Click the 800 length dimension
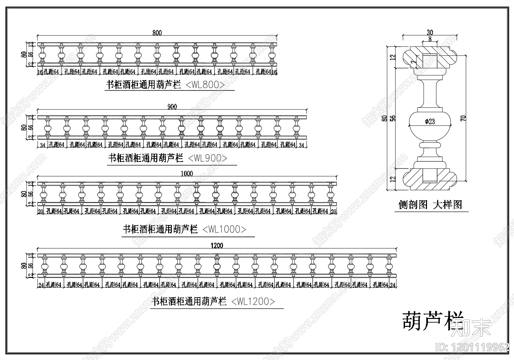coord(157,33)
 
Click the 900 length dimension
coord(172,107)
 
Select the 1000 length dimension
coord(187,173)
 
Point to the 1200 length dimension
coord(217,245)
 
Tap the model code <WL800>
coord(206,85)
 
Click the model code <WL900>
coord(208,158)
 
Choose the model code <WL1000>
coord(224,229)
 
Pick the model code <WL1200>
coord(253,302)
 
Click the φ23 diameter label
coord(430,122)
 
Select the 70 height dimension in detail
coord(463,118)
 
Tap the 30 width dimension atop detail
coord(430,33)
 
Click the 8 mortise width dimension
coord(430,39)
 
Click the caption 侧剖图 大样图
coord(430,205)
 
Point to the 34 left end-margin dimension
coord(42,145)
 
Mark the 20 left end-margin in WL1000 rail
coord(40,211)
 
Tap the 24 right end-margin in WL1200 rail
coord(393,285)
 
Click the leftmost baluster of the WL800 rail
coord(42,54)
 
